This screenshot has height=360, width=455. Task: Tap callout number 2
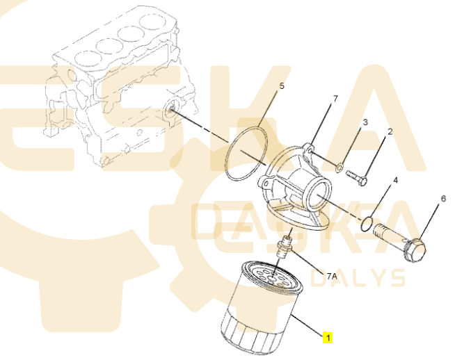(390, 131)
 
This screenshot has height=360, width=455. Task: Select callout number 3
(365, 123)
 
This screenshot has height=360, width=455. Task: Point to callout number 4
(395, 180)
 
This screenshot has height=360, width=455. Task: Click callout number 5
(282, 87)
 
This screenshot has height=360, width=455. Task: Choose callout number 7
(335, 99)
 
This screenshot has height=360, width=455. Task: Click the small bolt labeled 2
(357, 177)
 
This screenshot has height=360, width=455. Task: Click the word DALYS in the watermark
(367, 277)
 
